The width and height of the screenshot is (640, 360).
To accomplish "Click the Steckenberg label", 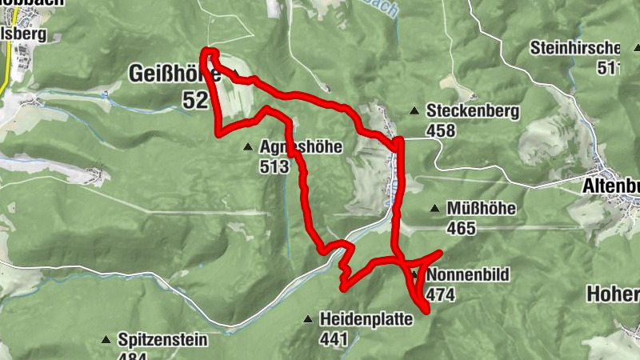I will (473, 111).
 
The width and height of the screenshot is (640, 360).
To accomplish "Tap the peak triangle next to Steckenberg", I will (414, 111).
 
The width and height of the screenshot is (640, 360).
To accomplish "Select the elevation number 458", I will (441, 130).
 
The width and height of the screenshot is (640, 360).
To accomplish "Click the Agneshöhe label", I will (301, 147).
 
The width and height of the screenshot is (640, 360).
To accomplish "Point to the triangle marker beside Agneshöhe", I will (247, 148).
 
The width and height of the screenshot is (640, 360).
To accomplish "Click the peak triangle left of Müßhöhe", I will (434, 210).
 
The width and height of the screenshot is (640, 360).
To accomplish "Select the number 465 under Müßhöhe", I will (462, 229).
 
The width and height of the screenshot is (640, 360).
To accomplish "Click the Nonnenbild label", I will (468, 274).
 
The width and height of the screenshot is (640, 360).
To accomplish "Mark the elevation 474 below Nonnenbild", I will (441, 294).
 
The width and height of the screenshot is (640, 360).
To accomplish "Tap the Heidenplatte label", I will (366, 319).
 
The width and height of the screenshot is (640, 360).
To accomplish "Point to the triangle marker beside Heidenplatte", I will (307, 320).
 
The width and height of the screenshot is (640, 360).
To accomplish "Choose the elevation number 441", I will (334, 338).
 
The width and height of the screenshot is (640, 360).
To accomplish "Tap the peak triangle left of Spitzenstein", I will (105, 341).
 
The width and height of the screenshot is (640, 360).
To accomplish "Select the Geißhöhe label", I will (169, 74).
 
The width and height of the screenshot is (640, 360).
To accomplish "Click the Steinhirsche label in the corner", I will (575, 48).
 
